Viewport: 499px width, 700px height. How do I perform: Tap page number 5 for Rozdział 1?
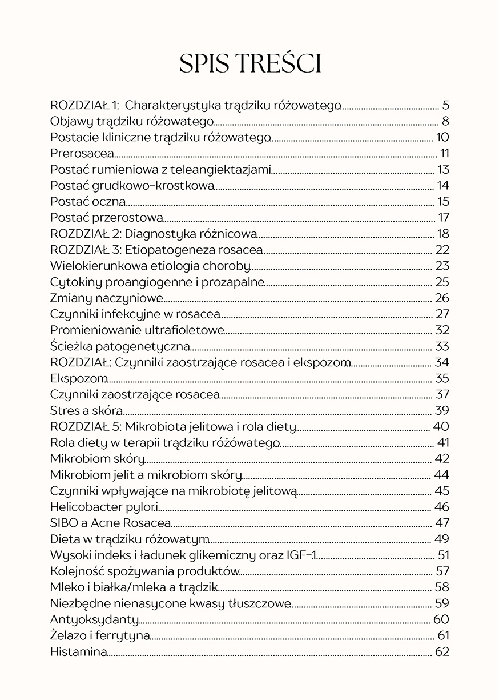tap(446, 105)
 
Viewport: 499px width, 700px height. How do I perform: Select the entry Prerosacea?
tap(82, 153)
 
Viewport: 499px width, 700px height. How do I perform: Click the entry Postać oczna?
tap(87, 202)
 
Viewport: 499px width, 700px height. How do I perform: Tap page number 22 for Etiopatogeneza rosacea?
tap(442, 250)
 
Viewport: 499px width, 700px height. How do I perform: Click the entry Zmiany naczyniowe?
tap(106, 298)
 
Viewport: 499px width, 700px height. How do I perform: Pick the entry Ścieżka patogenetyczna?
tap(120, 346)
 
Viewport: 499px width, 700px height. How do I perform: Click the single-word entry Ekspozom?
tap(79, 378)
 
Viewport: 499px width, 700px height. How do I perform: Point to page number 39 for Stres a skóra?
tap(442, 410)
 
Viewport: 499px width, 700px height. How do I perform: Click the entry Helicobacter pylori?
tap(104, 507)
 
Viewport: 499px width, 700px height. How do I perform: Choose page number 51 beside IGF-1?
tap(443, 555)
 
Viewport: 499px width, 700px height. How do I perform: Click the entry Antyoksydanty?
tap(94, 619)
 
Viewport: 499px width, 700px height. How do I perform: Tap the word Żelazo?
tap(67, 635)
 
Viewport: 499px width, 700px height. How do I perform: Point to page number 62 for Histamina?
tap(442, 651)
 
